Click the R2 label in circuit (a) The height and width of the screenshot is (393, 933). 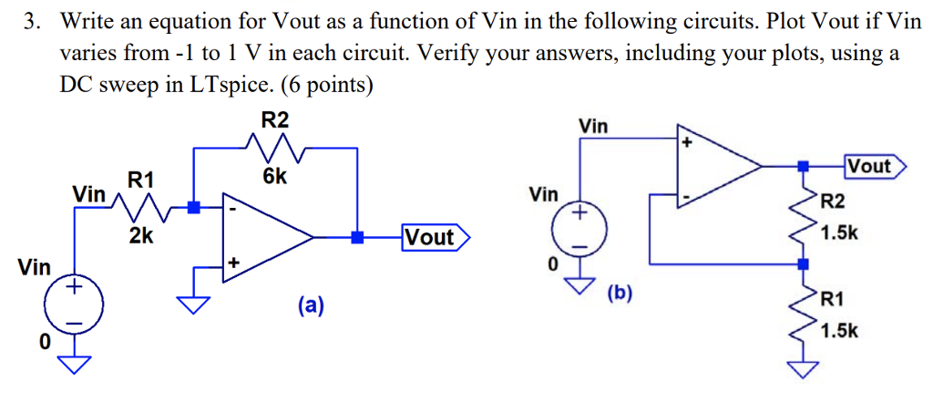point(274,119)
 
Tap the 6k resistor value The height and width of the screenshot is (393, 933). point(274,177)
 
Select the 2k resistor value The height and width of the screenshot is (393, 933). point(141,236)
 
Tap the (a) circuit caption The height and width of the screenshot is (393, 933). point(310,305)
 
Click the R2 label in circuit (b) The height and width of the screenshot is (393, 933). point(833,202)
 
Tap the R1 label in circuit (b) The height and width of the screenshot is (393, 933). point(833,298)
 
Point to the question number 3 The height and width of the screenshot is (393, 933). point(31,21)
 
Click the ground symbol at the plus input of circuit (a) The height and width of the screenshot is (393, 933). point(193,302)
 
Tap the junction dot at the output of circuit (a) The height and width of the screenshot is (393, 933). point(359,238)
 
